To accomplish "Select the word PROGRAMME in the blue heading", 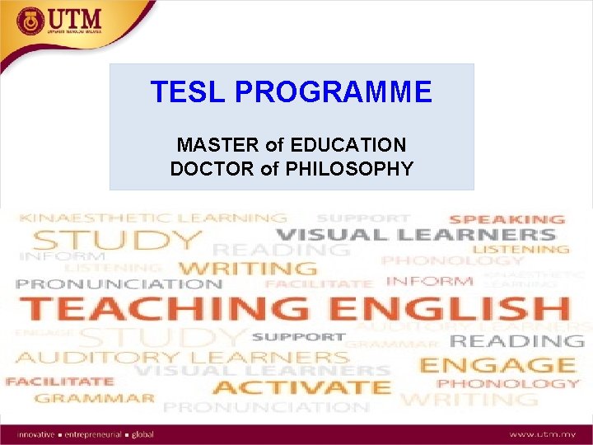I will (x=333, y=92).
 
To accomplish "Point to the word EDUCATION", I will (x=349, y=146).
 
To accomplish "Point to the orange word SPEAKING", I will (x=507, y=219).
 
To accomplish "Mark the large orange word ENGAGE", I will (x=497, y=364).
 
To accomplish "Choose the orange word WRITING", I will (x=247, y=268).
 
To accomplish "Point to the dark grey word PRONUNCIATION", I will (x=119, y=284).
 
